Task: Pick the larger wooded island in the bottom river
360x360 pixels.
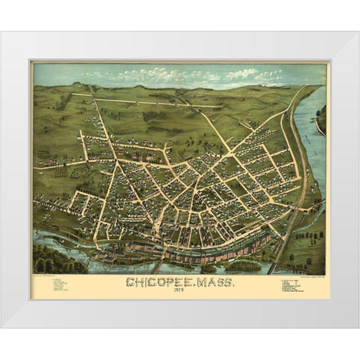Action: click(x=243, y=265)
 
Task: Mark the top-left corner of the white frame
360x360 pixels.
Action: click(x=2, y=32)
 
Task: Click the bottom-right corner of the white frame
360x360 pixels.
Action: click(x=357, y=327)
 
